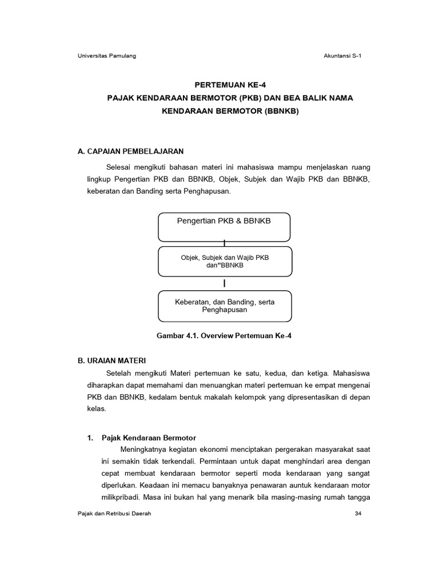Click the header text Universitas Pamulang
click(106, 55)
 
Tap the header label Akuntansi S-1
click(342, 55)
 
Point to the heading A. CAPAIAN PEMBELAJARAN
click(130, 151)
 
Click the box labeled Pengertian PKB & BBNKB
click(224, 227)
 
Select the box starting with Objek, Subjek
click(225, 262)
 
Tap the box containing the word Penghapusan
click(225, 306)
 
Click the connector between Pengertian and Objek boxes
click(225, 244)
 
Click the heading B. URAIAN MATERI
click(111, 360)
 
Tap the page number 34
click(358, 514)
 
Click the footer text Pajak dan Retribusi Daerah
click(114, 514)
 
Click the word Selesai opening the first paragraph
click(118, 167)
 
